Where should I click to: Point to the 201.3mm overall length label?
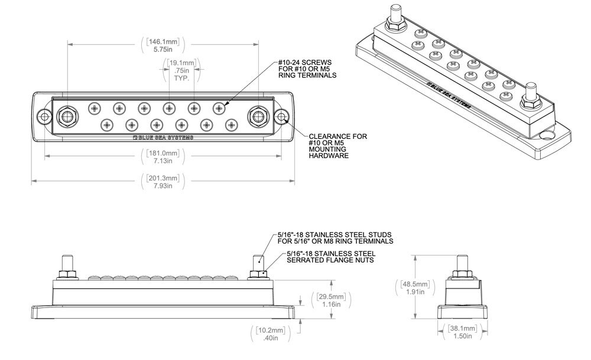tap(162, 182)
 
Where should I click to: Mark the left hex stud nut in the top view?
tap(65, 116)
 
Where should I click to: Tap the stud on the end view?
tap(463, 264)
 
